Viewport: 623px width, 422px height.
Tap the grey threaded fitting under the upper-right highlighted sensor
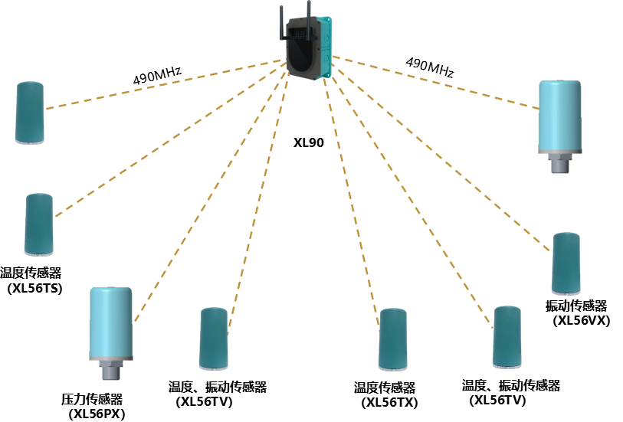pyautogui.click(x=559, y=162)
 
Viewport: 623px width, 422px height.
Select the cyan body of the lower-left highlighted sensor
pyautogui.click(x=110, y=322)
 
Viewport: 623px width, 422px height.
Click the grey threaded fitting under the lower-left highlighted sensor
pyautogui.click(x=110, y=371)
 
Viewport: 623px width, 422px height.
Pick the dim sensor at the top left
pyautogui.click(x=29, y=113)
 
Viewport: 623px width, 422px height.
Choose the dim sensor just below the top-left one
pyautogui.click(x=38, y=224)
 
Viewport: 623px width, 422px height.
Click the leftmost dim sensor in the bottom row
pyautogui.click(x=213, y=339)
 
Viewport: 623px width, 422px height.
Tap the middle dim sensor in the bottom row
pyautogui.click(x=392, y=339)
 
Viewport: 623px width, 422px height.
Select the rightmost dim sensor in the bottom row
pyautogui.click(x=507, y=337)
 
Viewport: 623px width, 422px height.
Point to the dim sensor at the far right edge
pyautogui.click(x=566, y=263)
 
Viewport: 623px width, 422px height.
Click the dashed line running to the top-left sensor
pyautogui.click(x=165, y=84)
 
